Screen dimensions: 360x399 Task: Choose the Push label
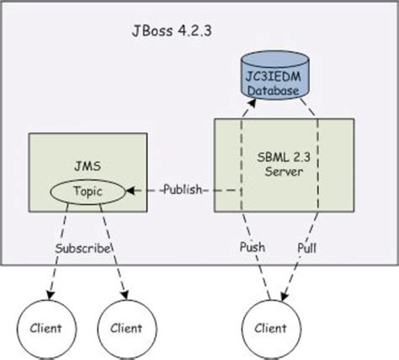pyautogui.click(x=253, y=248)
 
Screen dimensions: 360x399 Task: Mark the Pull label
pyautogui.click(x=308, y=248)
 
